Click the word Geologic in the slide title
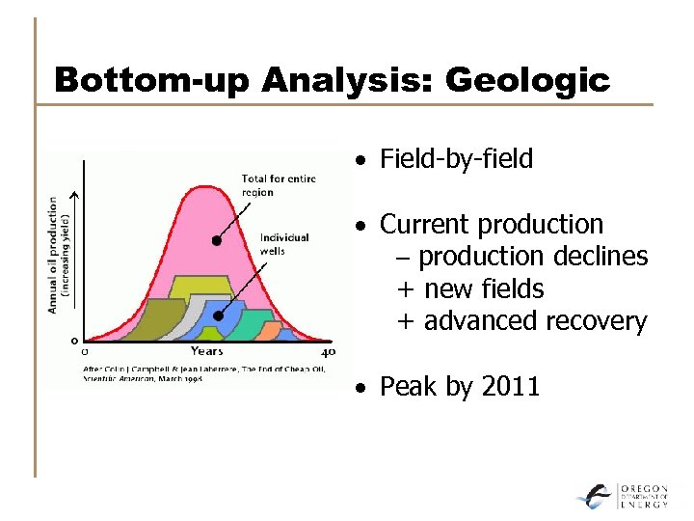tap(528, 79)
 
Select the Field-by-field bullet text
tap(456, 159)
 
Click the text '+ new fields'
tap(470, 288)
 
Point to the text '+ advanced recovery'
tap(521, 321)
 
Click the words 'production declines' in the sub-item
tap(533, 257)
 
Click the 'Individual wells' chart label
tap(285, 243)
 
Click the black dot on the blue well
tap(219, 315)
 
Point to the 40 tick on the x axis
tap(328, 352)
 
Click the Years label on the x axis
tap(206, 352)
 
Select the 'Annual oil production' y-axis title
tap(53, 255)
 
